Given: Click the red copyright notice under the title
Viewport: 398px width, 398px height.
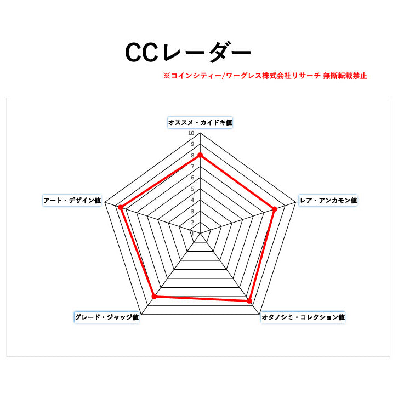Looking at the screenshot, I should (265, 76).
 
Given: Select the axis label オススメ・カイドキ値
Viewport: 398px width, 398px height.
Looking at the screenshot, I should (200, 122).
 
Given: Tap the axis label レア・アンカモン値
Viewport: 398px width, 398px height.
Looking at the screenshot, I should (328, 201).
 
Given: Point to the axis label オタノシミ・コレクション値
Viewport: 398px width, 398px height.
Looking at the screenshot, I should (303, 317).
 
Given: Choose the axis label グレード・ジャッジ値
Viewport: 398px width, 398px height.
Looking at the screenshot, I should (106, 317).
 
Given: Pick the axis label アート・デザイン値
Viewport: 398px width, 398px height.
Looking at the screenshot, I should (72, 201).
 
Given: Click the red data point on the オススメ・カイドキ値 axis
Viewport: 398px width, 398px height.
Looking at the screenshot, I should (200, 155).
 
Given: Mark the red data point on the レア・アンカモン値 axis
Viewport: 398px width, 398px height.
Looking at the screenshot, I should (275, 208).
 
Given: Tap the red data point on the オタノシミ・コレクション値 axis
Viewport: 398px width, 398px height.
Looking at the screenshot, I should (249, 301).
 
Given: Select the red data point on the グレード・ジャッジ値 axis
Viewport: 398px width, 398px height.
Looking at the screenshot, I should (154, 297).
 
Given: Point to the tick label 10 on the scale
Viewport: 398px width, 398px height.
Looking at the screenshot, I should (191, 133).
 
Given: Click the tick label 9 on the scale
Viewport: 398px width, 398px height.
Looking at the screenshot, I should (192, 144).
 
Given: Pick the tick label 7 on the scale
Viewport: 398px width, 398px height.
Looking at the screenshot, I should (192, 167).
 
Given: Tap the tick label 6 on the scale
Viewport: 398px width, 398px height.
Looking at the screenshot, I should (192, 178).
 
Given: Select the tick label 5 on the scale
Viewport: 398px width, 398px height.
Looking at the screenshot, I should (192, 189).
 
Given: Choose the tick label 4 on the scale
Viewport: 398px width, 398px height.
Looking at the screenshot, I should (192, 200).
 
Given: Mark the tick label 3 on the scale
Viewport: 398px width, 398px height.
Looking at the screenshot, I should (192, 211).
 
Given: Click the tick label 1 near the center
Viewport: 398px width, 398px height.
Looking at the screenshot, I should (192, 233).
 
